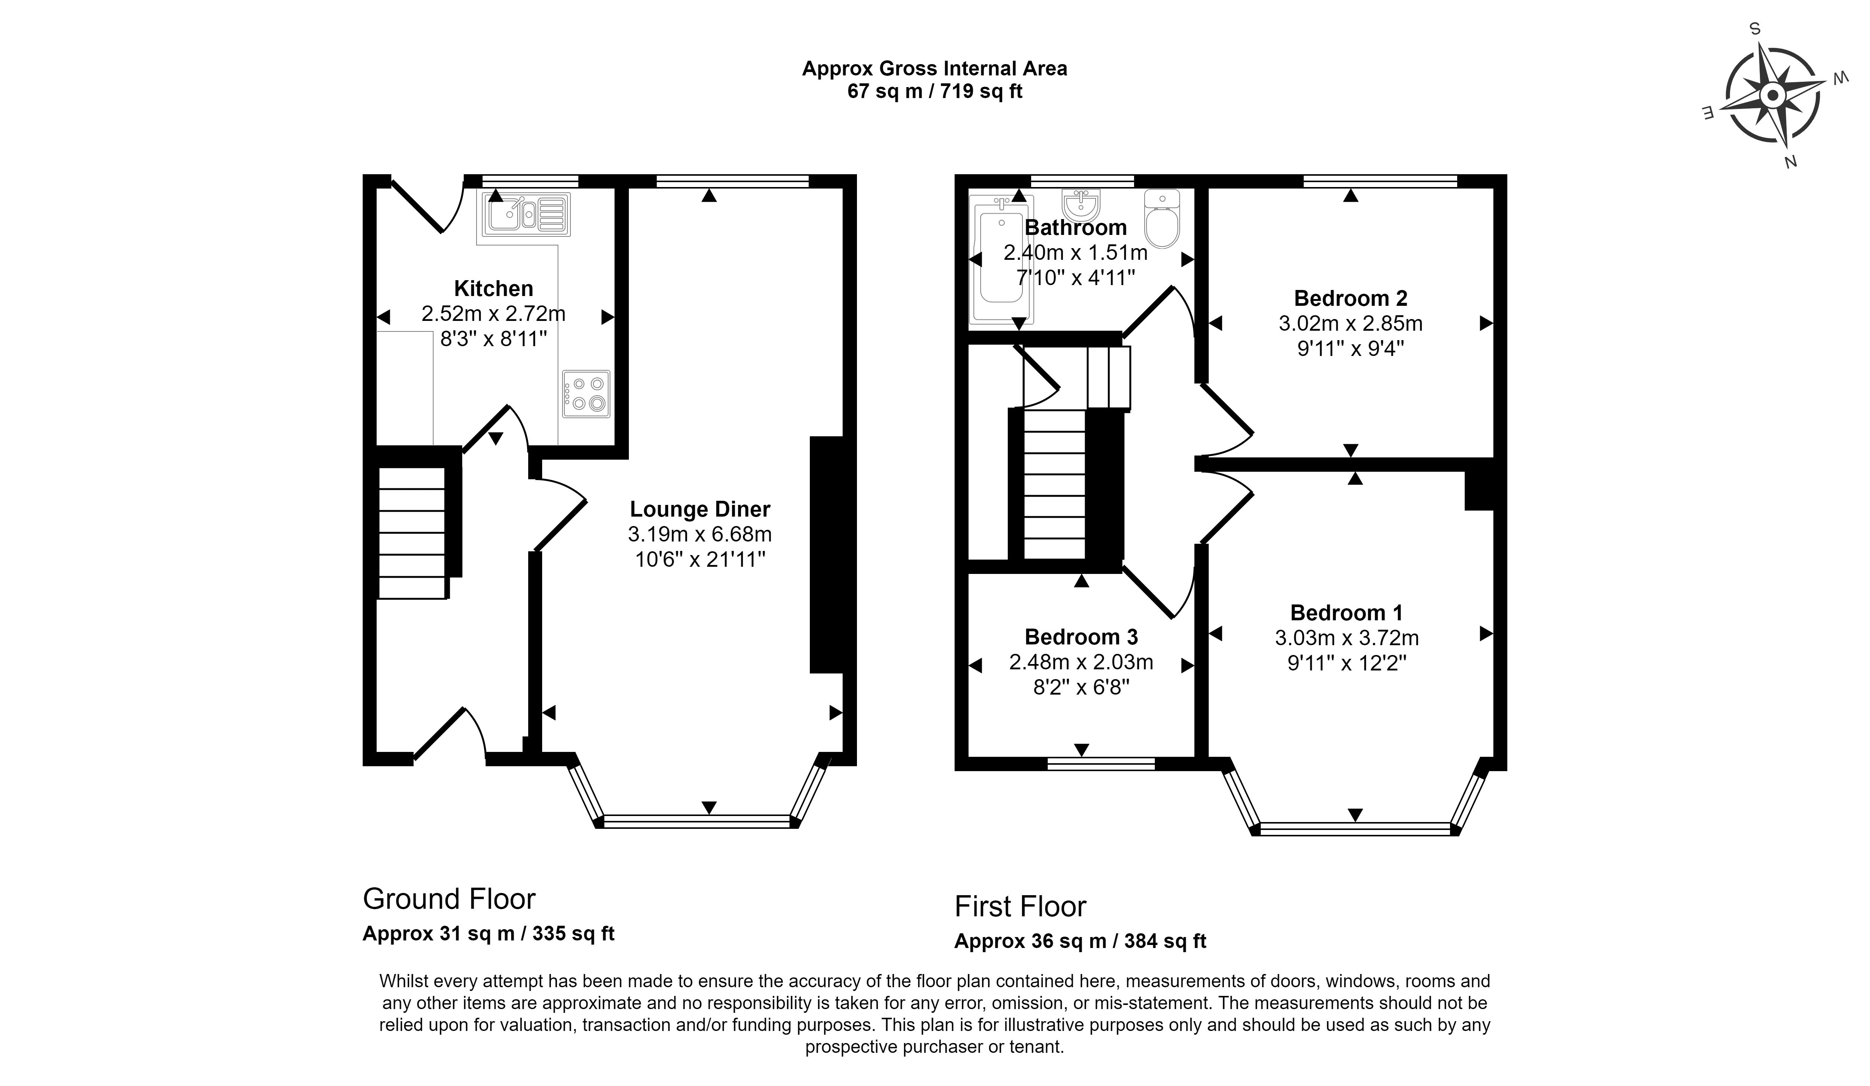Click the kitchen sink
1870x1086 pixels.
pyautogui.click(x=527, y=215)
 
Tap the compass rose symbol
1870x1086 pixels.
pyautogui.click(x=1773, y=96)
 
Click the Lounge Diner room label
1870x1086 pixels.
pyautogui.click(x=700, y=509)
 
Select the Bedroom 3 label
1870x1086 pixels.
pyautogui.click(x=1081, y=637)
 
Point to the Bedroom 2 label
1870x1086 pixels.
pyautogui.click(x=1350, y=298)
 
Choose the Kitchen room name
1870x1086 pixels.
pyautogui.click(x=494, y=288)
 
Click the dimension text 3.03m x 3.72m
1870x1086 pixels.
pyautogui.click(x=1347, y=638)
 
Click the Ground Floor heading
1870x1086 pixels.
pyautogui.click(x=449, y=899)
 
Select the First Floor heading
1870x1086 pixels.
pyautogui.click(x=1020, y=907)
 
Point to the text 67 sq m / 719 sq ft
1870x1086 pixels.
pyautogui.click(x=935, y=91)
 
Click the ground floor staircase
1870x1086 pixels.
pyautogui.click(x=412, y=532)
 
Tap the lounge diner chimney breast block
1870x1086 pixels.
pyautogui.click(x=827, y=555)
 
